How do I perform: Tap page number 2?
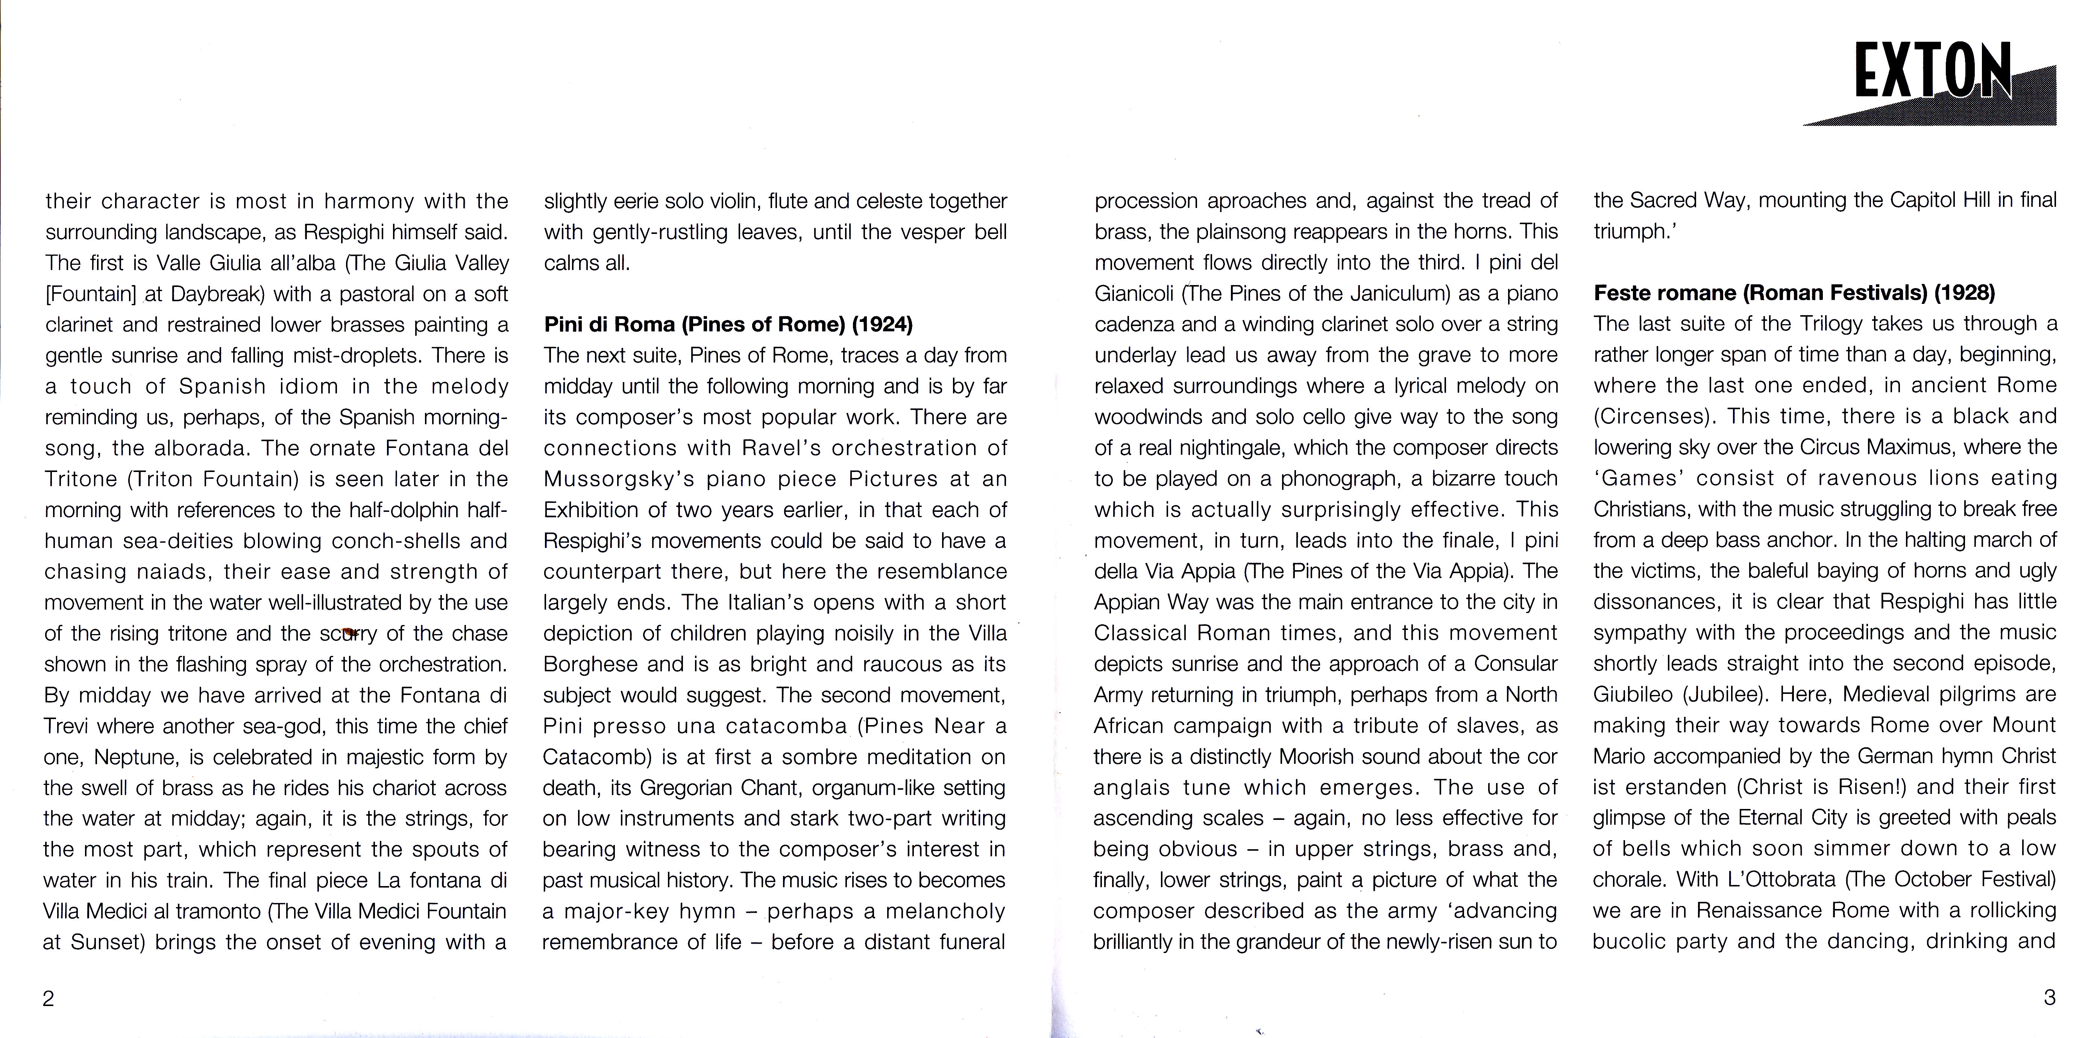[48, 998]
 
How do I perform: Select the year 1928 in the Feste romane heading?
[1964, 292]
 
